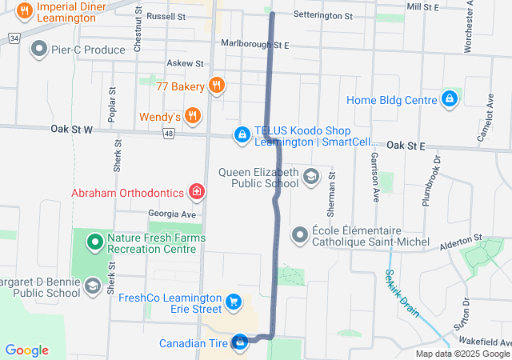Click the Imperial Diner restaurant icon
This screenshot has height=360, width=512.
pyautogui.click(x=24, y=11)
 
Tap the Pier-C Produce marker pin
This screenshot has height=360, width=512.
pyautogui.click(x=38, y=50)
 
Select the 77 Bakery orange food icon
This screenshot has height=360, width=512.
pyautogui.click(x=216, y=86)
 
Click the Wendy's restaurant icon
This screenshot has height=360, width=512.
pyautogui.click(x=192, y=117)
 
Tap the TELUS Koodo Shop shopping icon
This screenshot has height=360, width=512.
pyautogui.click(x=242, y=136)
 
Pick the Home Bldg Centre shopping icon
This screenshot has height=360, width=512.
pyautogui.click(x=450, y=99)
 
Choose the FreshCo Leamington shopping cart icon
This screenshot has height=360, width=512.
pyautogui.click(x=233, y=302)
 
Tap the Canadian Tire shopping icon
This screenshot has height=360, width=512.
pyautogui.click(x=239, y=342)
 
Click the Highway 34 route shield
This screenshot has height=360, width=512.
pyautogui.click(x=14, y=38)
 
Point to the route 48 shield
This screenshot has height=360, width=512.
pyautogui.click(x=169, y=134)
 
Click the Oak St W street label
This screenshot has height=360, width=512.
pyautogui.click(x=71, y=128)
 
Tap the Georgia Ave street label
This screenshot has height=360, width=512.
pyautogui.click(x=171, y=214)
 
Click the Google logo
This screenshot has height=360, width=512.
pyautogui.click(x=26, y=350)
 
